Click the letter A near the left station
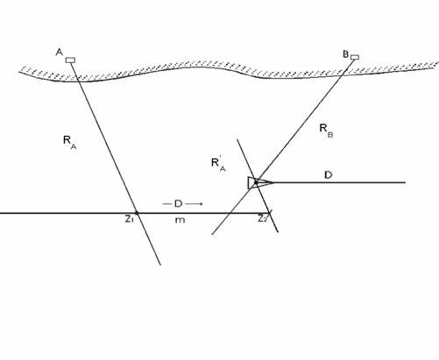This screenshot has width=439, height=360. click(60, 53)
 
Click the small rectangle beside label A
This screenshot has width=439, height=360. click(70, 60)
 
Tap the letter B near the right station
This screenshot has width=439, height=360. click(346, 54)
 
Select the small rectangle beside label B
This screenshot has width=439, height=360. click(355, 57)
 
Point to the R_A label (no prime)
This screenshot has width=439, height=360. click(69, 142)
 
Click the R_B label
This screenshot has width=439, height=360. click(326, 131)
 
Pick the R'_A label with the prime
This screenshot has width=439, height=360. click(218, 165)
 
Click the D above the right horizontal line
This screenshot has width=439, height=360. click(329, 175)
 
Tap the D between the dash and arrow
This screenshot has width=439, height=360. click(178, 203)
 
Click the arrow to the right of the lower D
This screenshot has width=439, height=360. click(194, 204)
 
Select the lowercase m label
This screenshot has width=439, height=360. click(180, 220)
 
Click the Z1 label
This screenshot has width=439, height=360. click(129, 219)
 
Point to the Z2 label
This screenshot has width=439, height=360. click(263, 218)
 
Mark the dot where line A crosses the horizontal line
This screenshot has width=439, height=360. click(137, 213)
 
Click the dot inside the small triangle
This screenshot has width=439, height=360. click(256, 182)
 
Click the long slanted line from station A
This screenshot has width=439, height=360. click(116, 164)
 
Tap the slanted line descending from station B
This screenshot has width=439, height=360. click(280, 147)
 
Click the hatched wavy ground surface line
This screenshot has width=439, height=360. click(228, 72)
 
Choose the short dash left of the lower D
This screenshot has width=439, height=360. click(166, 204)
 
